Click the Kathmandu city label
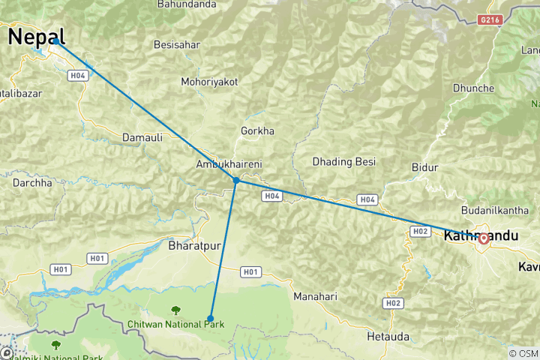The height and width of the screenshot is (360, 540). pos(481,236)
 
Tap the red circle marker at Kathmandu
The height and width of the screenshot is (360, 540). pos(484,238)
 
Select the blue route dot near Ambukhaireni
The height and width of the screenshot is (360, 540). pos(236,181)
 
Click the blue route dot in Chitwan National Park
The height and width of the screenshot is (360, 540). pos(211,318)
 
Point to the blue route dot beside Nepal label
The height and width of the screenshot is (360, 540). pos(55,42)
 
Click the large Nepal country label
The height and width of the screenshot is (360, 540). pos(36,36)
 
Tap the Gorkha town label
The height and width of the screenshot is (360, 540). pos(257,131)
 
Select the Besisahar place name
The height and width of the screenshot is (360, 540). pos(177,45)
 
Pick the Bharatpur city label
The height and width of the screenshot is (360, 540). pos(192,245)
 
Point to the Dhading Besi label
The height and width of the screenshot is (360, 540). pos(343,161)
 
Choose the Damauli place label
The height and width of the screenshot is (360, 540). pos(142,139)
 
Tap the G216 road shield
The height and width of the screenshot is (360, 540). pos(489,21)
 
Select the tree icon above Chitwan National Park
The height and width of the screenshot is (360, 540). pos(175,310)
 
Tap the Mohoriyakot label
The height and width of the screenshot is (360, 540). pos(209,82)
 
